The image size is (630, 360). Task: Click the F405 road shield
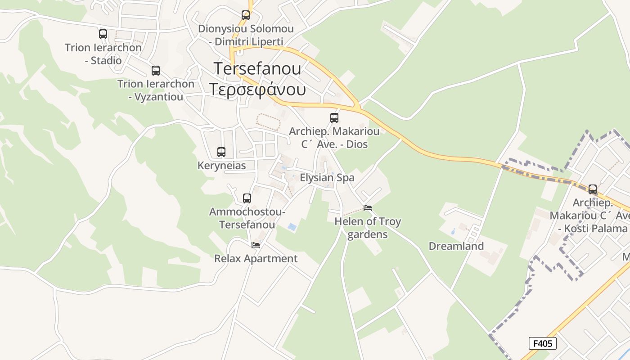(542, 344)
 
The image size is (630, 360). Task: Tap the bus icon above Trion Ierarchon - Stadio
(103, 34)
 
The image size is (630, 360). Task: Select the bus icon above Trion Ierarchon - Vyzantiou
(156, 71)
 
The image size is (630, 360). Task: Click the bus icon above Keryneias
(221, 152)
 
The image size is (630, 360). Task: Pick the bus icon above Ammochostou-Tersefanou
(247, 198)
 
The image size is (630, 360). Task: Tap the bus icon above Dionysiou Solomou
(246, 15)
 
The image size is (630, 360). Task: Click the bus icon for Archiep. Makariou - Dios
(334, 118)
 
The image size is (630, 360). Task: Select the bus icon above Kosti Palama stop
(593, 189)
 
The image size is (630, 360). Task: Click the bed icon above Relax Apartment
(256, 245)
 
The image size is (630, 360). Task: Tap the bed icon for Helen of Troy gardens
(368, 208)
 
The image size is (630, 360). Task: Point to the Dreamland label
(456, 246)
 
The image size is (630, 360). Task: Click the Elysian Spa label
(327, 178)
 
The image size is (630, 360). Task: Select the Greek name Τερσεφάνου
(257, 90)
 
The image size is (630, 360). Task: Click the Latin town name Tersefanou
(257, 68)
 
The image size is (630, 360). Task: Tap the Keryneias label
(222, 166)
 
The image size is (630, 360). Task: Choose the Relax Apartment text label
(256, 259)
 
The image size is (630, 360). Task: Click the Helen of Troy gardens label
(368, 228)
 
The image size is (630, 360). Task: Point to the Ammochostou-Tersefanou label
(247, 218)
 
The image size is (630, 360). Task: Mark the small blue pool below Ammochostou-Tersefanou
(292, 227)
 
